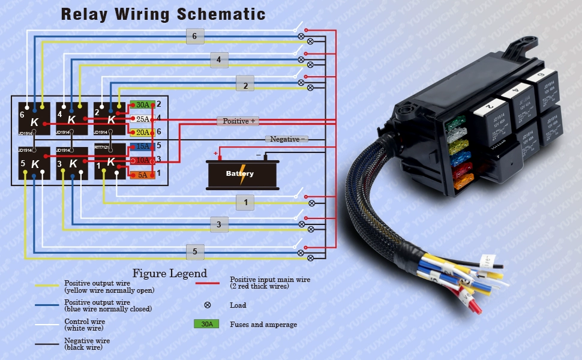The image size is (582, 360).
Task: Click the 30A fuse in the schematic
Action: coord(143,104)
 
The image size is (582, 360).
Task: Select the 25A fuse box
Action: coord(143,119)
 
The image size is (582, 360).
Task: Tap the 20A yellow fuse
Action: coord(143,133)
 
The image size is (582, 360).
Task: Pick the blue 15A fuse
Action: coord(143,146)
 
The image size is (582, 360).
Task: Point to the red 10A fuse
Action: coord(143,160)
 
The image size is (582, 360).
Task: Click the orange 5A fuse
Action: coord(143,174)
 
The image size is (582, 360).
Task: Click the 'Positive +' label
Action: coord(238,121)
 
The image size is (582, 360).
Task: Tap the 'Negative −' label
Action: coord(287,139)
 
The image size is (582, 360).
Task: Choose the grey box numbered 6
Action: coord(194,36)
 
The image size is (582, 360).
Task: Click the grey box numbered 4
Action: coord(219,60)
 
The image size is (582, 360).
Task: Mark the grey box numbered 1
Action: coord(245,203)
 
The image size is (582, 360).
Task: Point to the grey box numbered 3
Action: coord(219,226)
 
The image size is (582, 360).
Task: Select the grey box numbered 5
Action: coord(194,252)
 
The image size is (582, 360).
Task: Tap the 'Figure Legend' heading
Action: coord(170,274)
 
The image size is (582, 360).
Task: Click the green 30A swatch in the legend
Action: coord(206,325)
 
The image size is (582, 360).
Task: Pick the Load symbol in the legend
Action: coord(208,305)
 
